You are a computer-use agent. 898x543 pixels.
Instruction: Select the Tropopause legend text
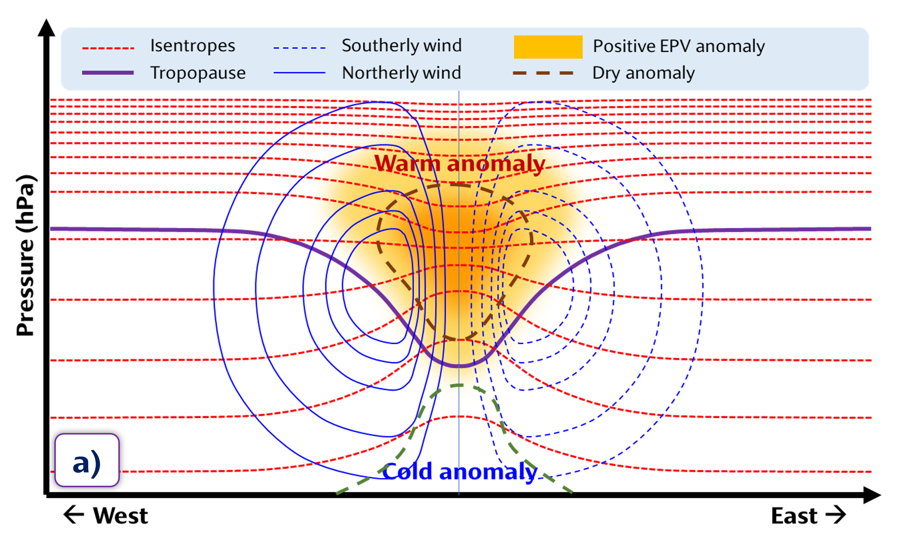[x=198, y=73]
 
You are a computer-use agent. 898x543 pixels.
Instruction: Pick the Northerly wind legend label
[x=402, y=73]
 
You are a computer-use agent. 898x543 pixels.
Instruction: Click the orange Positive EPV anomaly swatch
[x=548, y=47]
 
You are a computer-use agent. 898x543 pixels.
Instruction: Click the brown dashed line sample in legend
[x=543, y=73]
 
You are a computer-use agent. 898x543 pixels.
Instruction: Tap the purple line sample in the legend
[x=108, y=73]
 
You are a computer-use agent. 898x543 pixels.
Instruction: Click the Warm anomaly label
[x=460, y=163]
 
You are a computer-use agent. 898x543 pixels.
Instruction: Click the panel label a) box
[x=87, y=460]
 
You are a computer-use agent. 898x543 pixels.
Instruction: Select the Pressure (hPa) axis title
[x=25, y=255]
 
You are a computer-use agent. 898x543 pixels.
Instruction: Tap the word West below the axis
[x=121, y=516]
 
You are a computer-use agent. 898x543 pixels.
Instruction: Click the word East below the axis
[x=795, y=516]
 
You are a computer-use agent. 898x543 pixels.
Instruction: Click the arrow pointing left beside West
[x=74, y=515]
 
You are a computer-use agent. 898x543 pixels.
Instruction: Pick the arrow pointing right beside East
[x=836, y=515]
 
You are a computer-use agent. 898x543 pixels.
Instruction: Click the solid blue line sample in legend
[x=299, y=73]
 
